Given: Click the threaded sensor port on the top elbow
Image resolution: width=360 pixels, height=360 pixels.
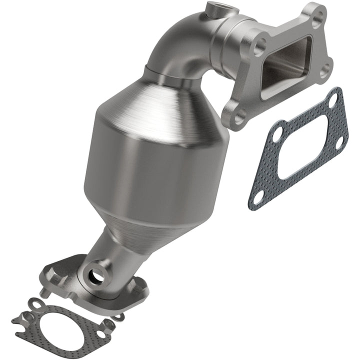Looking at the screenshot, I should coord(212,8).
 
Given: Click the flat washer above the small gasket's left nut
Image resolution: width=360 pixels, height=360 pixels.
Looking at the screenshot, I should coord(35,303).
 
